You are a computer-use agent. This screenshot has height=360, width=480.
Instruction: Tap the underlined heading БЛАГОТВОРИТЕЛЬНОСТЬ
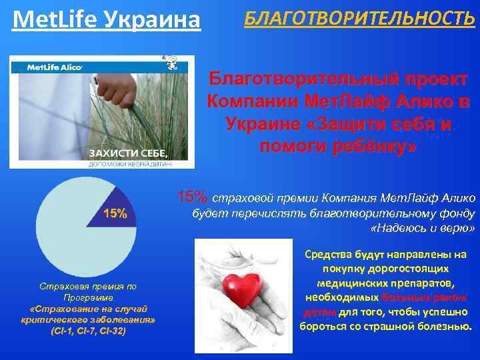tap(359, 17)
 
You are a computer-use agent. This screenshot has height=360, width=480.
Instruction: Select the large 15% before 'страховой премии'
tap(193, 197)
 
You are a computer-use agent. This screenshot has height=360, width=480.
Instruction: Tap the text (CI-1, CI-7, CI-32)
tap(87, 331)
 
